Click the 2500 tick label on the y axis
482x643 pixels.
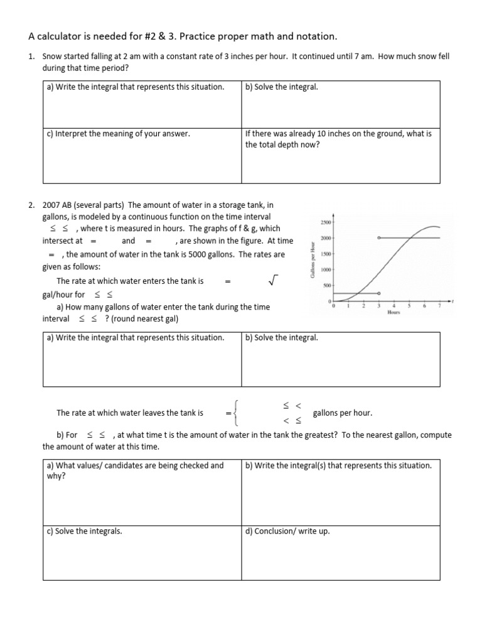pos(325,223)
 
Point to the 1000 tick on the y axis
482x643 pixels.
pos(326,270)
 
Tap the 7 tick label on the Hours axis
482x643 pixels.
pos(439,306)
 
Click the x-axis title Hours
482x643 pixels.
pos(394,313)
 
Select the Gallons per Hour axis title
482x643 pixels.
pos(312,261)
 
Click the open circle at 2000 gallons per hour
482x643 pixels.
pos(379,238)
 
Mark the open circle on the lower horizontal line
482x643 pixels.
pos(379,293)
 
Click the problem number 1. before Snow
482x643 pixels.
pos(31,57)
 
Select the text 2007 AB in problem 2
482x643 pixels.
pos(58,205)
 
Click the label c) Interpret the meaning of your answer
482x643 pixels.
pos(118,134)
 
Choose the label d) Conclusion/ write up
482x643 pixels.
pos(287,531)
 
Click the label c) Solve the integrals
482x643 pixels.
pos(84,531)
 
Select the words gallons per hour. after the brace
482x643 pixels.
pos(342,413)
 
